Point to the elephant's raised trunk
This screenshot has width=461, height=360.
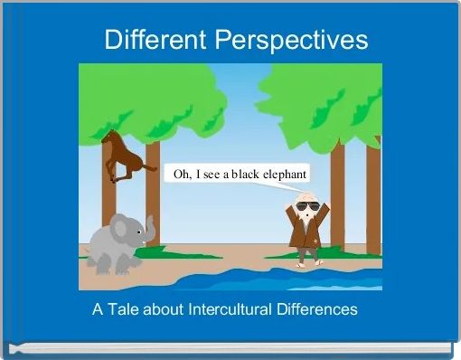pyautogui.click(x=149, y=228)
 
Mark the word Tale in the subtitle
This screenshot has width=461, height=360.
pyautogui.click(x=123, y=309)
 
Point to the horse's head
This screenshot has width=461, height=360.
pyautogui.click(x=108, y=137)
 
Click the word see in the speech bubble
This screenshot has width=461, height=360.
pyautogui.click(x=211, y=174)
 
